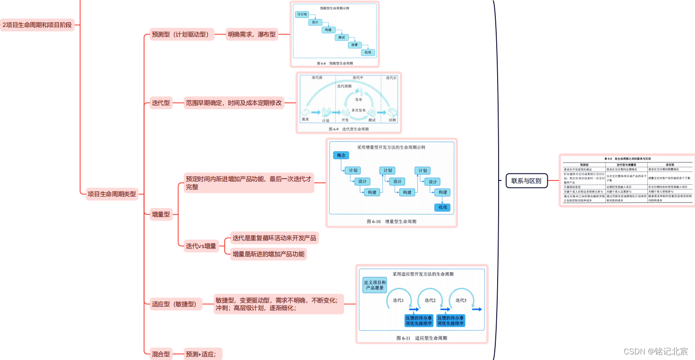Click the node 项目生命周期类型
pos(112,194)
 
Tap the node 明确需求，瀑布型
pos(252,34)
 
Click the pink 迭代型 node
pos(161,103)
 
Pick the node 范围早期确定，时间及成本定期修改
pos(234,103)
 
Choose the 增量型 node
pos(161,214)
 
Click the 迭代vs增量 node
pos(201,246)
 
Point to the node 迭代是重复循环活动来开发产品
pos(274,238)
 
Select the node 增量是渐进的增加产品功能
pos(268,254)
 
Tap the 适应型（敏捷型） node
pos(174,304)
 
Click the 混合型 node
pos(161,353)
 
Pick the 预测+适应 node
pos(203,353)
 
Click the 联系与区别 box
pos(526,180)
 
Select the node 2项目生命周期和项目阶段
pos(37,25)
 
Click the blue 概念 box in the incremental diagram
pos(341,155)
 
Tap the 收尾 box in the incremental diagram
pos(442,207)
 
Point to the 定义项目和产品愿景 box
pos(374,285)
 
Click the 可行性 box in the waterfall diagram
pos(302,15)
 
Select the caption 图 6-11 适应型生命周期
pos(422,338)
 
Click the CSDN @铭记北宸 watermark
pos(656,351)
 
